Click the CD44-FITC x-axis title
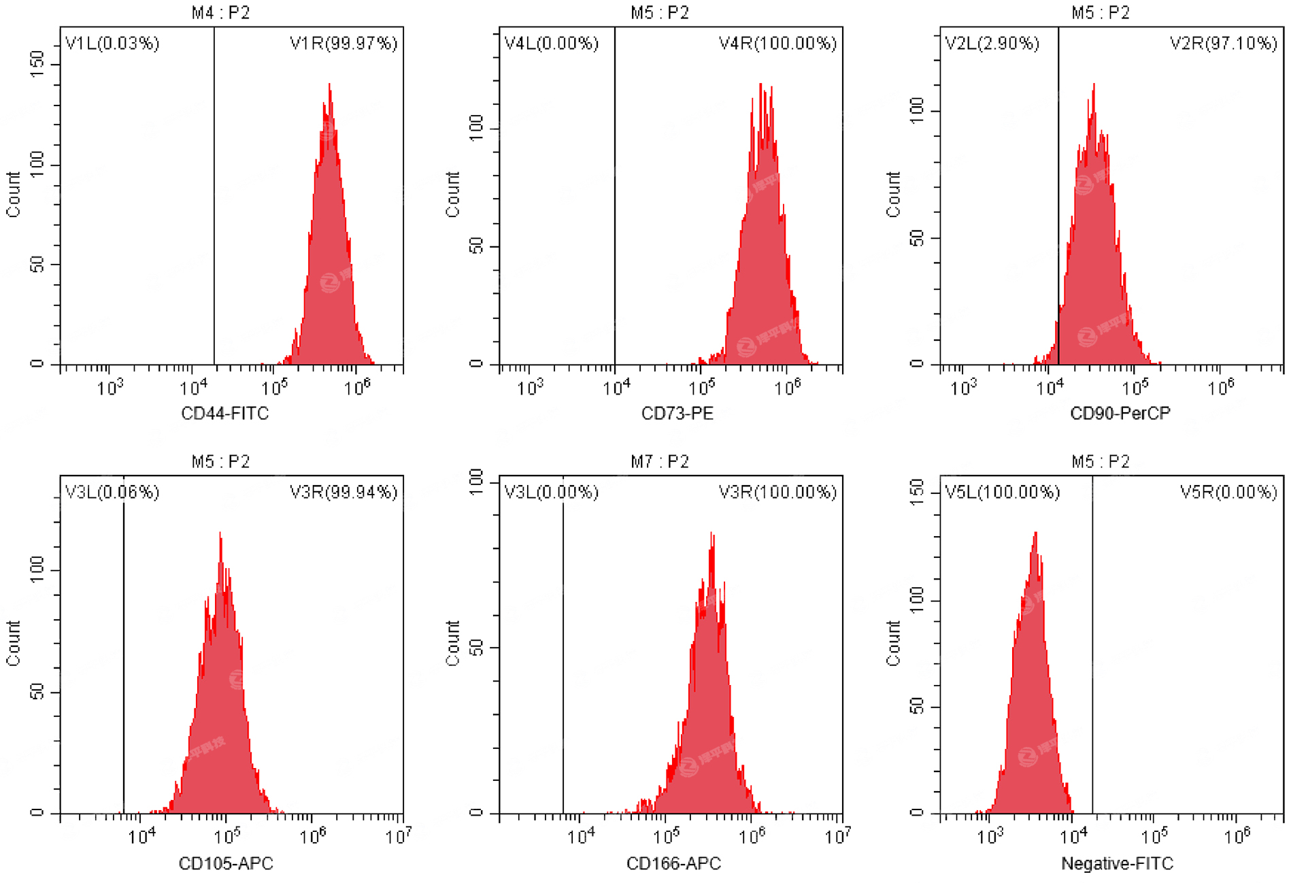pyautogui.click(x=224, y=413)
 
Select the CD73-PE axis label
pyautogui.click(x=677, y=413)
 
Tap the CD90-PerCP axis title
pyautogui.click(x=1120, y=413)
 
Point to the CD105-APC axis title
pyautogui.click(x=225, y=863)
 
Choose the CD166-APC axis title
pyautogui.click(x=673, y=863)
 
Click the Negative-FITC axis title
pyautogui.click(x=1117, y=863)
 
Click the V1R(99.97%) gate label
pyautogui.click(x=343, y=44)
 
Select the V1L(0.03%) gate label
pyautogui.click(x=112, y=44)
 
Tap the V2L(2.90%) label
pyautogui.click(x=992, y=44)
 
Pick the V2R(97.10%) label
pyautogui.click(x=1223, y=44)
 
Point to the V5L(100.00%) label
pyautogui.click(x=1002, y=492)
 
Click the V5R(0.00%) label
pyautogui.click(x=1228, y=492)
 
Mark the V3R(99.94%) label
pyautogui.click(x=343, y=492)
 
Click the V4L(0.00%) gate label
pyautogui.click(x=551, y=44)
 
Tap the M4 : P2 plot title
pyautogui.click(x=220, y=13)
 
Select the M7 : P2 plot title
pyautogui.click(x=659, y=462)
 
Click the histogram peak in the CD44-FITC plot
pyautogui.click(x=329, y=86)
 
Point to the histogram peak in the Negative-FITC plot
pyautogui.click(x=1035, y=535)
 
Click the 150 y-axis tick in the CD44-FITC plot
pyautogui.click(x=37, y=64)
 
